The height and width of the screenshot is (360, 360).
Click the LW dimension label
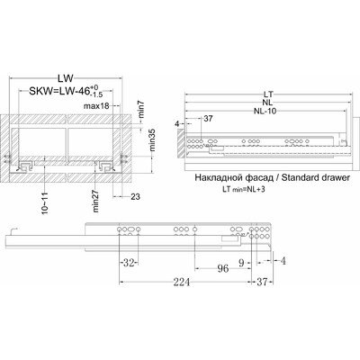pyautogui.click(x=66, y=78)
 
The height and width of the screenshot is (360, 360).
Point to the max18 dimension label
pyautogui.click(x=96, y=106)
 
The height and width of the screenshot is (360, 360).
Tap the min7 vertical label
pyautogui.click(x=142, y=109)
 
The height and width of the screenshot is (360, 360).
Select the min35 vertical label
pyautogui.click(x=153, y=140)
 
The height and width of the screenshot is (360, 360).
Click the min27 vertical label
pyautogui.click(x=96, y=202)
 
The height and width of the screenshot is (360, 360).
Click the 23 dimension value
pyautogui.click(x=136, y=197)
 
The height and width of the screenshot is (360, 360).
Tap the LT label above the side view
pyautogui.click(x=268, y=94)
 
